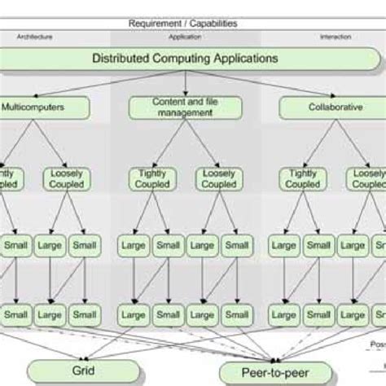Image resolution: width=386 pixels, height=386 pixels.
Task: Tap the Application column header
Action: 186,37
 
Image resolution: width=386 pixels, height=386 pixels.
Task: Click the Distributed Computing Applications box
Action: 186,59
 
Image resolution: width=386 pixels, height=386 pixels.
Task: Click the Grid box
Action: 84,371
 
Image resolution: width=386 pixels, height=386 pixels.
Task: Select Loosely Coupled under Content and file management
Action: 219,178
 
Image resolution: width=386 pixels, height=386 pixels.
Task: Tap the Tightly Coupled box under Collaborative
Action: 302,178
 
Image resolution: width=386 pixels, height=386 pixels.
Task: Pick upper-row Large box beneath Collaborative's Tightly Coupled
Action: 284,244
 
